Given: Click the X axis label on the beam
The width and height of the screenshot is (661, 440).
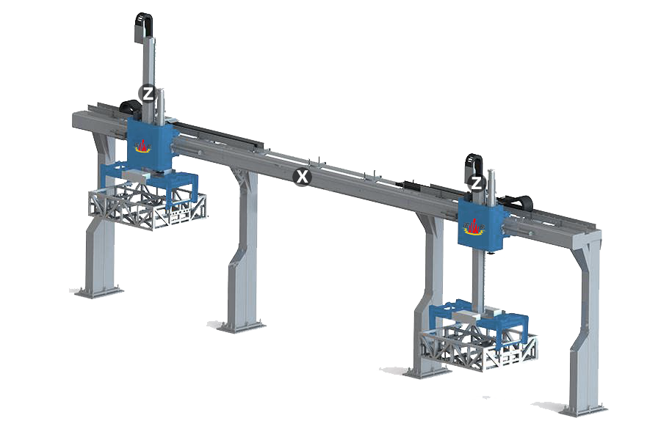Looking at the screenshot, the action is (302, 177).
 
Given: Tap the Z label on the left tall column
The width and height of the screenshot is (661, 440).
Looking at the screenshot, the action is (148, 94).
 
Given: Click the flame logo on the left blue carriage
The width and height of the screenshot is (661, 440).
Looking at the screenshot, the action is (143, 146).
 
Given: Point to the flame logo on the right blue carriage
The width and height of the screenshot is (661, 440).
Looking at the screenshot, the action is (474, 227).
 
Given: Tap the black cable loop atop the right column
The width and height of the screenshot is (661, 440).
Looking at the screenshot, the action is (474, 166).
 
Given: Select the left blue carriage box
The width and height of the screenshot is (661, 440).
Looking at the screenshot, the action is (150, 144).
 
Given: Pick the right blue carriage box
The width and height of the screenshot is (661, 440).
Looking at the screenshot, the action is (481, 225).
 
